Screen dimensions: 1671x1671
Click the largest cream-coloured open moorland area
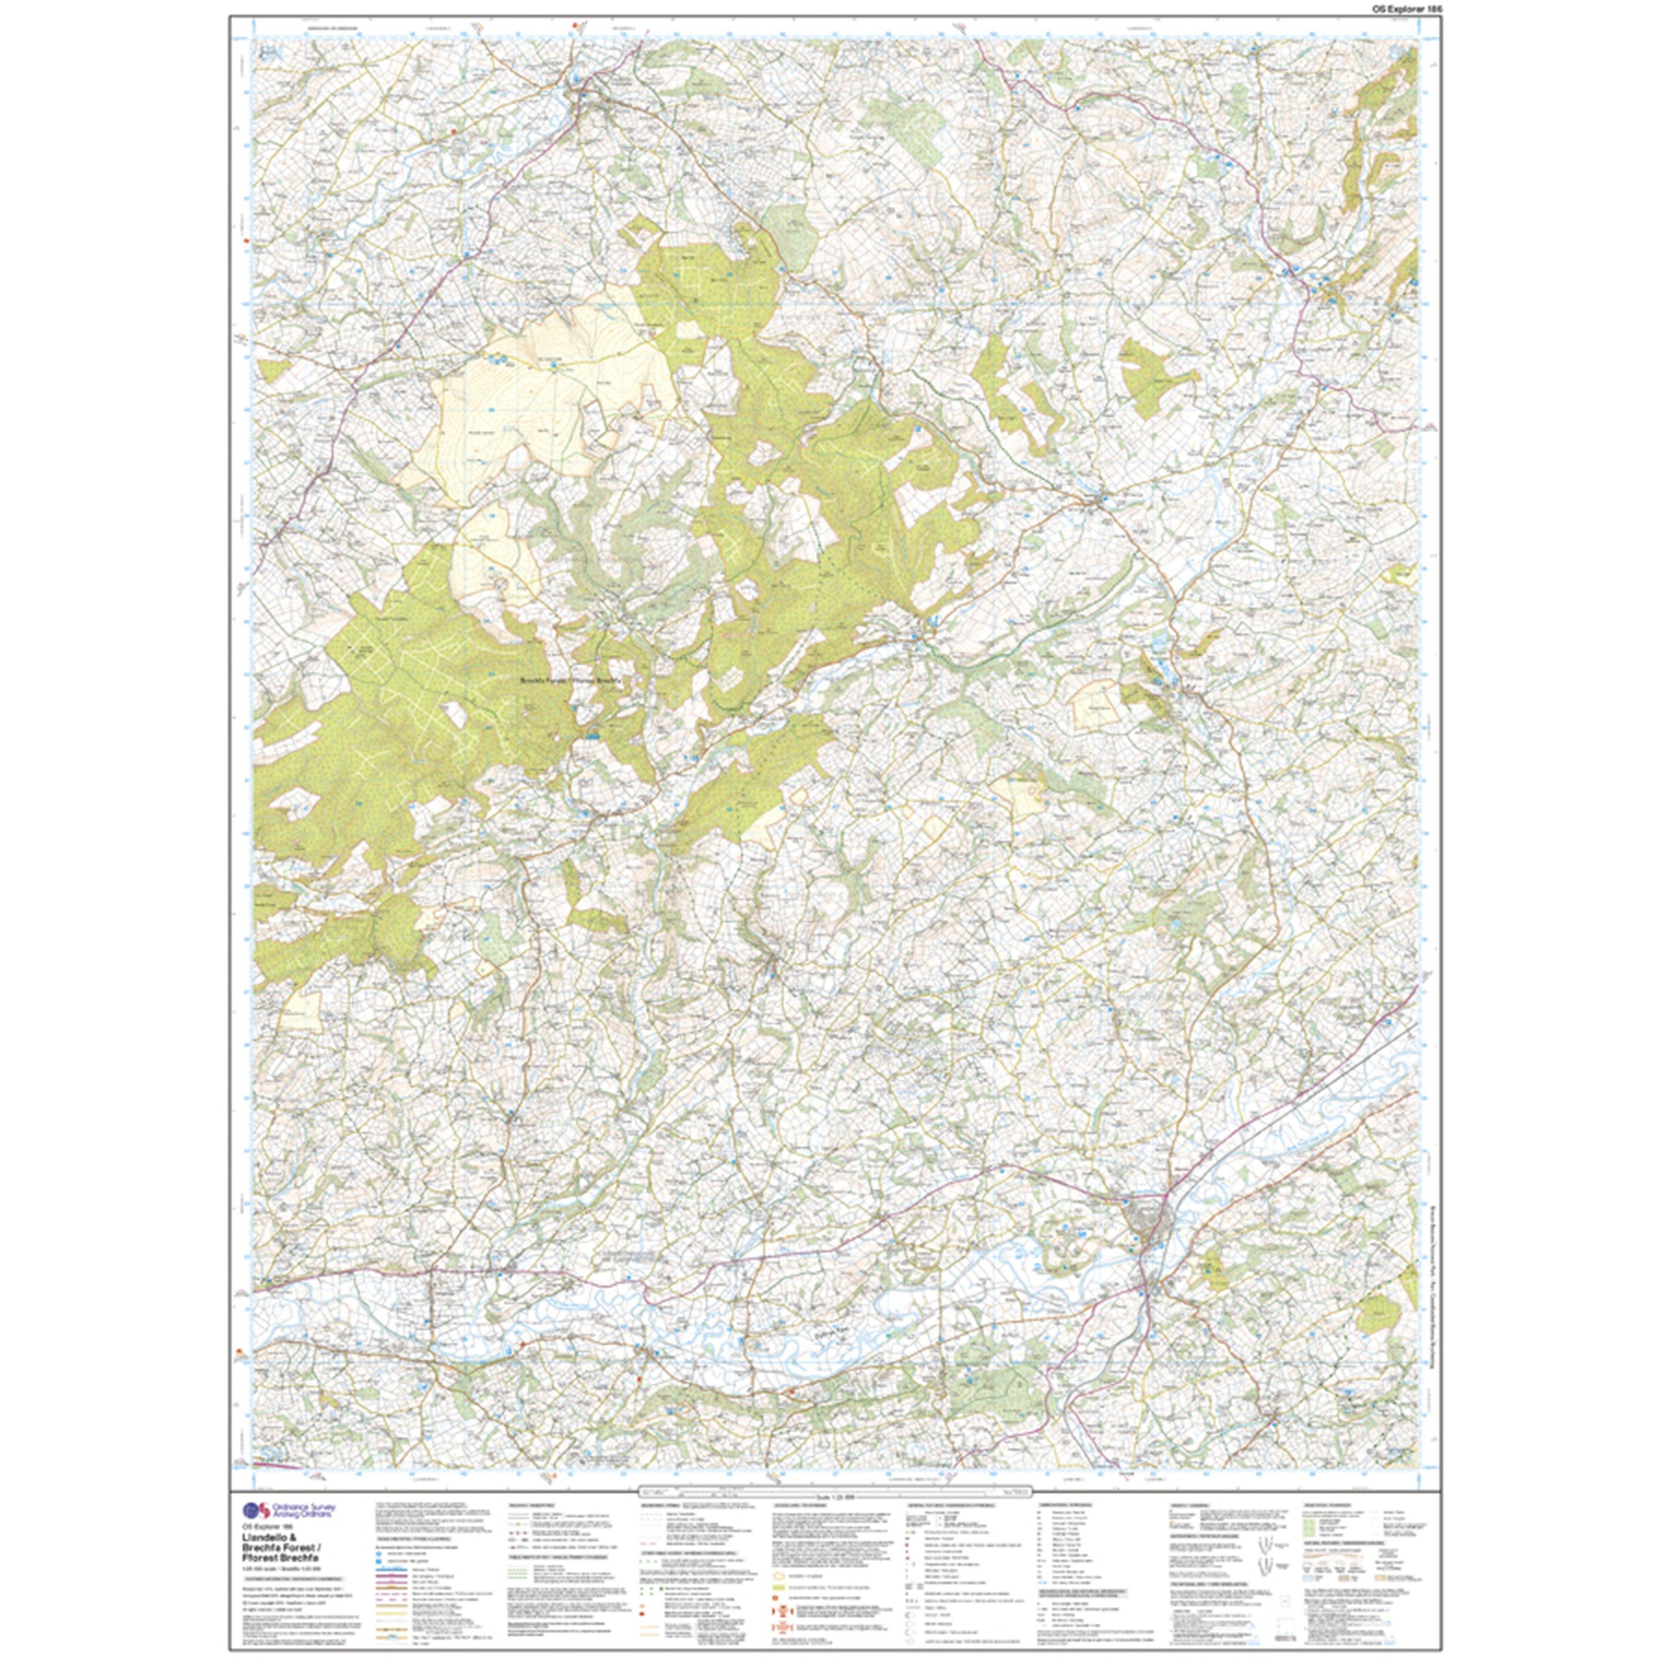(x=554, y=389)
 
